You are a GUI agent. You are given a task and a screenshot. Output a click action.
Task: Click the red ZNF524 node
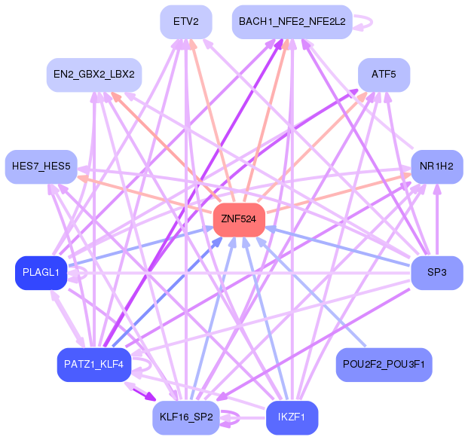pos(239,219)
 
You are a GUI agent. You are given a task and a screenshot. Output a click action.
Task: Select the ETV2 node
pos(185,22)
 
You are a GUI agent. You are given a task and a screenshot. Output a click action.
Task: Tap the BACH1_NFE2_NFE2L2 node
pos(292,22)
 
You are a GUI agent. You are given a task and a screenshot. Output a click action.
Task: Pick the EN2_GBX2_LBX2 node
pos(94,75)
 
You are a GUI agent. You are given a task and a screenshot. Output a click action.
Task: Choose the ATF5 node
pos(384,75)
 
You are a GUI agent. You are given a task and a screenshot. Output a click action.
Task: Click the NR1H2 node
pos(436,166)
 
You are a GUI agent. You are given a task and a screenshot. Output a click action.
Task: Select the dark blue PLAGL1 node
pos(41,272)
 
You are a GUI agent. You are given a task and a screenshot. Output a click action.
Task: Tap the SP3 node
pos(436,272)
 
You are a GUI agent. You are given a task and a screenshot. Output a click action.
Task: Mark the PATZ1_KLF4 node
pos(94,365)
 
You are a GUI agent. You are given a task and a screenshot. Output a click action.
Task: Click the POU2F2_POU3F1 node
pos(384,365)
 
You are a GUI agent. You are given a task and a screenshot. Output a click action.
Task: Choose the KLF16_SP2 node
pos(185,417)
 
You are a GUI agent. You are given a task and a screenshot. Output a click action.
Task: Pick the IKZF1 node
pos(292,417)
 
